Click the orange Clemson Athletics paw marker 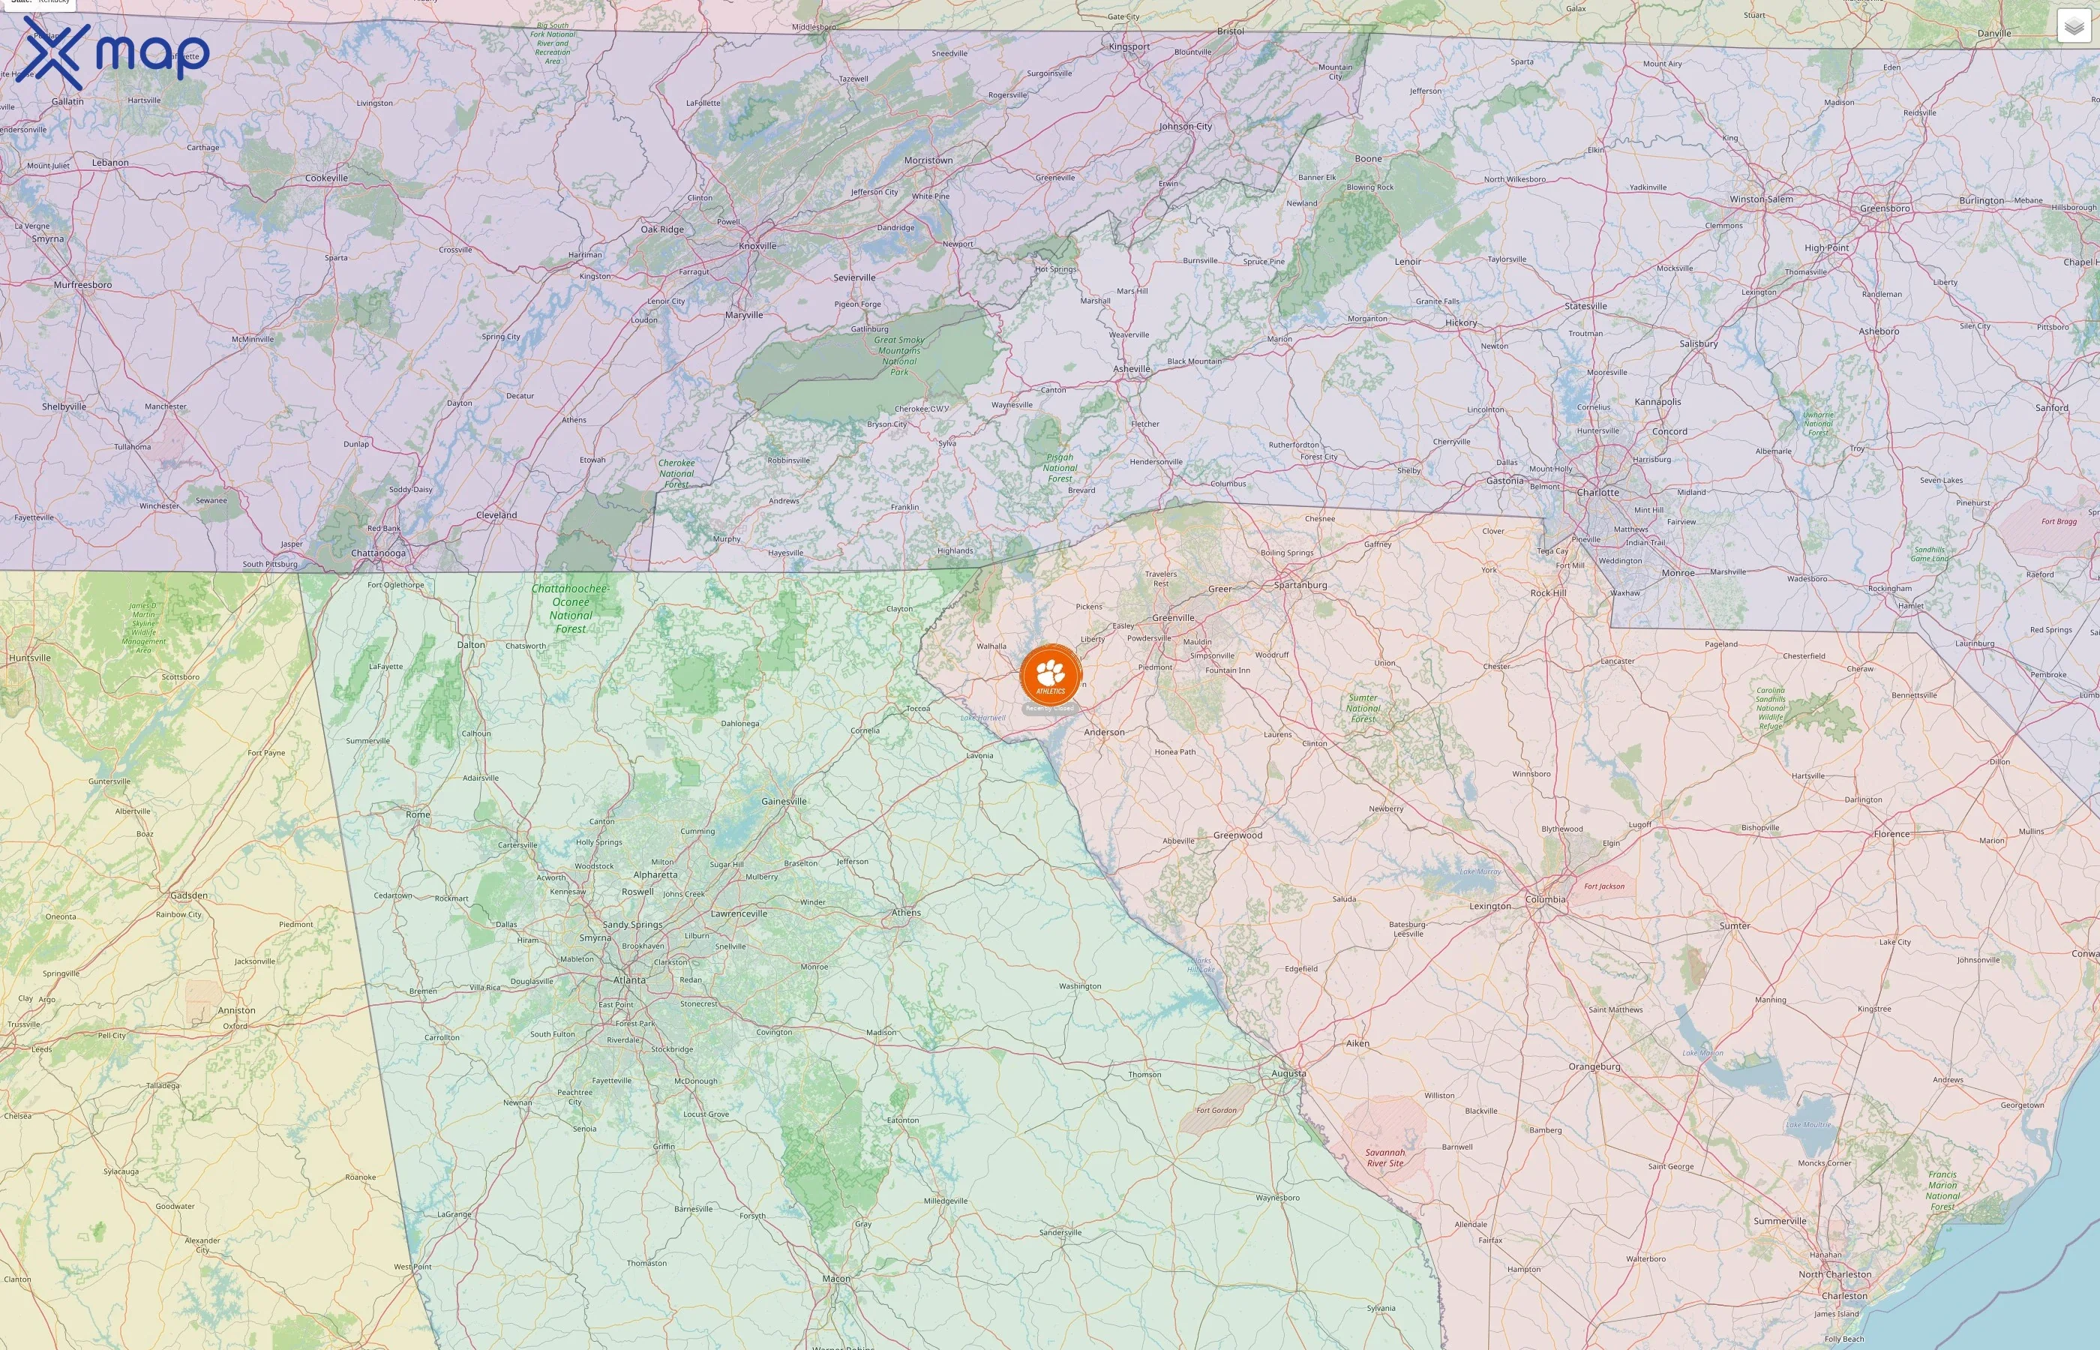pos(1051,676)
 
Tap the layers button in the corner pos(2074,26)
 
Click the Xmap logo pos(116,52)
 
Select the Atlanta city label pos(629,980)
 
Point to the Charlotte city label pos(1597,493)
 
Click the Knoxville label pos(757,246)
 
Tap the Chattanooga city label pos(378,553)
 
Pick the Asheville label pos(1132,369)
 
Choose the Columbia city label pos(1545,899)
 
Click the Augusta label pos(1288,1073)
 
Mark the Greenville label pos(1174,618)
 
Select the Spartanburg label pos(1300,585)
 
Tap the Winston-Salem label pos(1761,199)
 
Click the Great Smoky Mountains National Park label pos(899,356)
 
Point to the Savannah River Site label pos(1384,1158)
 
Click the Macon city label pos(836,1278)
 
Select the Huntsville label pos(30,658)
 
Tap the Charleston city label pos(1844,1296)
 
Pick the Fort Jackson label pos(1604,886)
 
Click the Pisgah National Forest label pos(1060,468)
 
